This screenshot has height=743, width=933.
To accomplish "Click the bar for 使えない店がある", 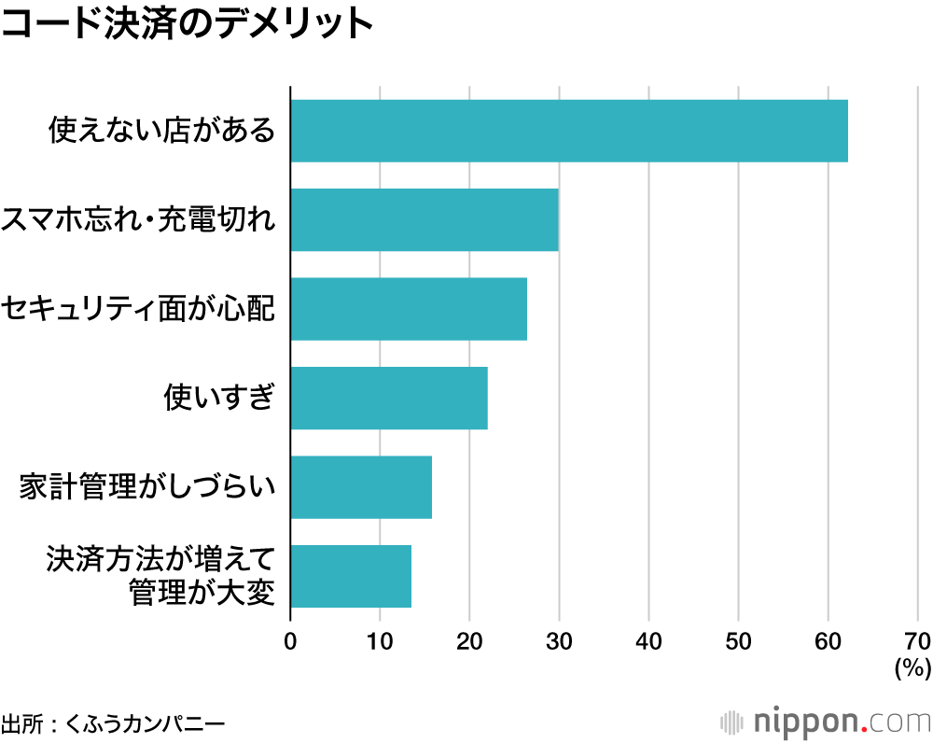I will pyautogui.click(x=569, y=131).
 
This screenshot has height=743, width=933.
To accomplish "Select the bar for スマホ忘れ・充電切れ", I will pyautogui.click(x=425, y=219).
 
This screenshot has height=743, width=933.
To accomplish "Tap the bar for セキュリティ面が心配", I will pyautogui.click(x=409, y=309).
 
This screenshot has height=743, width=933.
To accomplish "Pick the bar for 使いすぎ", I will pyautogui.click(x=389, y=399).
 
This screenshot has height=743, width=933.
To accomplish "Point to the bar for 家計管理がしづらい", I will pyautogui.click(x=361, y=487).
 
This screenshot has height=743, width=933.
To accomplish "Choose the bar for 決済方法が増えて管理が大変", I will pyautogui.click(x=351, y=577).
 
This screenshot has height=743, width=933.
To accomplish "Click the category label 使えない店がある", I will pyautogui.click(x=162, y=131).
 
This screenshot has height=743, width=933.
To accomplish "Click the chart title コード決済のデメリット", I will pyautogui.click(x=187, y=25).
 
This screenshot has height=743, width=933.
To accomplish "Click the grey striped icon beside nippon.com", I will pyautogui.click(x=733, y=722).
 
